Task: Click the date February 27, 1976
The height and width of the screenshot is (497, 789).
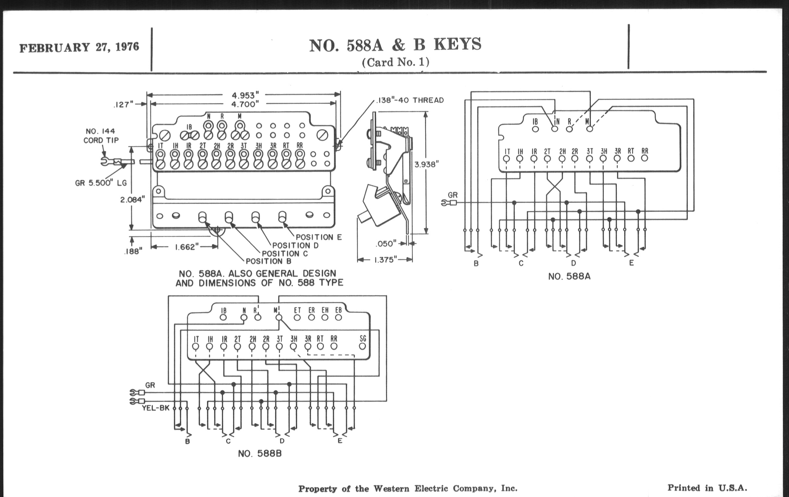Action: (79, 47)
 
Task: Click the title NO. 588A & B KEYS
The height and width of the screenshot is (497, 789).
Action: (395, 45)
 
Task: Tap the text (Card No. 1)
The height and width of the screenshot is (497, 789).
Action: (395, 62)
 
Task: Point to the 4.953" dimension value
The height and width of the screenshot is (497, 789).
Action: (245, 95)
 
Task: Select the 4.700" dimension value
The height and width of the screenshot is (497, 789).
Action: (245, 104)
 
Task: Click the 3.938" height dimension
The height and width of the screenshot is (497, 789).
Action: (426, 164)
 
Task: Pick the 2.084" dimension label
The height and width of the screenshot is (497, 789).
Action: (132, 199)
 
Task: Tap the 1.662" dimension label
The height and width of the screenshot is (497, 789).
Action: (187, 247)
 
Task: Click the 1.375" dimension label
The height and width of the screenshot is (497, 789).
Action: (385, 260)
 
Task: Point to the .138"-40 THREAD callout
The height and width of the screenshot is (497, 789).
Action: (409, 100)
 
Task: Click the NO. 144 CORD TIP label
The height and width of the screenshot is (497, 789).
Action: (101, 136)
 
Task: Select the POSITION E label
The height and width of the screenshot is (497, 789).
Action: (319, 237)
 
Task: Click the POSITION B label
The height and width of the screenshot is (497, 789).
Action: (268, 261)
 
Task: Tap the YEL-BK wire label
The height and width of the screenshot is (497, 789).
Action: (156, 408)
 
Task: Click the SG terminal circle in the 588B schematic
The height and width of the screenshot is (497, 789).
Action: (362, 346)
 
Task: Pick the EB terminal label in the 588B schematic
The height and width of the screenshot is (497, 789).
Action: (338, 310)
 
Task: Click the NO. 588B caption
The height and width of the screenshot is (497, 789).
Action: (260, 453)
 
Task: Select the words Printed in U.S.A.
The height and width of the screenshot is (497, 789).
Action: (707, 488)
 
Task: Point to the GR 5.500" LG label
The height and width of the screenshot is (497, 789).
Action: (101, 183)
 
